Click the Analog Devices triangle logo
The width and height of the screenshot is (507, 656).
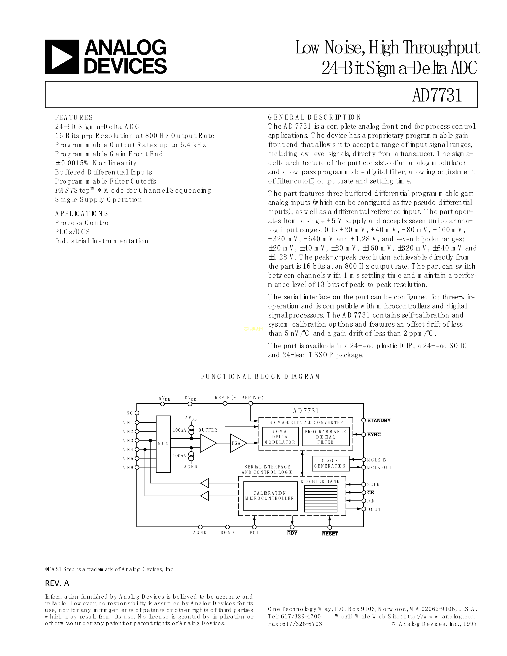(x=62, y=57)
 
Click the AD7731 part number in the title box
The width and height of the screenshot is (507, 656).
(x=437, y=95)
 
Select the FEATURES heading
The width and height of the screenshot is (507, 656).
(x=74, y=117)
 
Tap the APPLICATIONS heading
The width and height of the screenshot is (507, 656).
(x=81, y=213)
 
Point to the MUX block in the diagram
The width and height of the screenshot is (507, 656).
(x=163, y=444)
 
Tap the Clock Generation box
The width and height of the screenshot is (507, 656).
(x=330, y=463)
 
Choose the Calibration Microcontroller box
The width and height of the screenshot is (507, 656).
(x=270, y=496)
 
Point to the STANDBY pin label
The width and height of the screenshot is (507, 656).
(x=379, y=420)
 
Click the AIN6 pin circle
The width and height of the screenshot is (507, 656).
(x=137, y=467)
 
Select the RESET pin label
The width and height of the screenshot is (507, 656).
(x=330, y=534)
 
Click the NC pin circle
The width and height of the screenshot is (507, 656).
(x=137, y=413)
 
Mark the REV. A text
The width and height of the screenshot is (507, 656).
(x=57, y=583)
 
